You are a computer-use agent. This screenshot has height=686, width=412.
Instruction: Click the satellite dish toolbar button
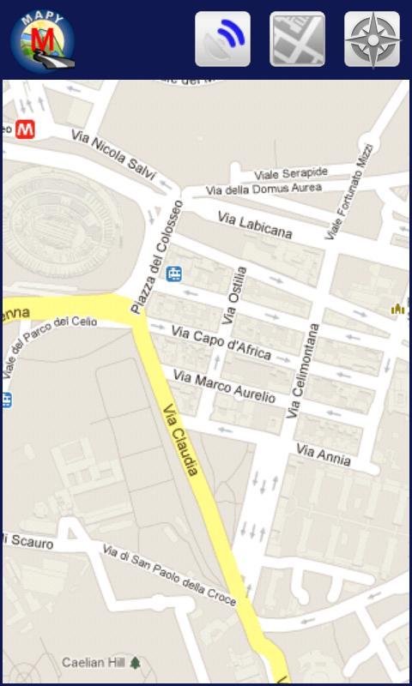(x=223, y=39)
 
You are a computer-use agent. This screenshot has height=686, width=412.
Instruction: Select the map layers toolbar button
(x=297, y=39)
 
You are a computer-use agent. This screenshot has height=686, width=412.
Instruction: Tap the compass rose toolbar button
(x=372, y=39)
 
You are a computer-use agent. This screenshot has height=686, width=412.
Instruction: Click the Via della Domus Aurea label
(x=264, y=188)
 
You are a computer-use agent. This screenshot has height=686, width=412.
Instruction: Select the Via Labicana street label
(x=254, y=226)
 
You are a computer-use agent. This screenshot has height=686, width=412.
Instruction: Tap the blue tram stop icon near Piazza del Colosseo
(x=175, y=274)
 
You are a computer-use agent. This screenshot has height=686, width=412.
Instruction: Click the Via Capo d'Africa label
(x=221, y=341)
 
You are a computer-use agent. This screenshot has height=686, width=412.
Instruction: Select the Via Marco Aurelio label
(x=224, y=387)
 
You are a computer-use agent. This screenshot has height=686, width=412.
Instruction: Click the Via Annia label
(x=324, y=454)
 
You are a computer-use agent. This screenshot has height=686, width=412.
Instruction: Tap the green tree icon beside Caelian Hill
(x=135, y=663)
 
